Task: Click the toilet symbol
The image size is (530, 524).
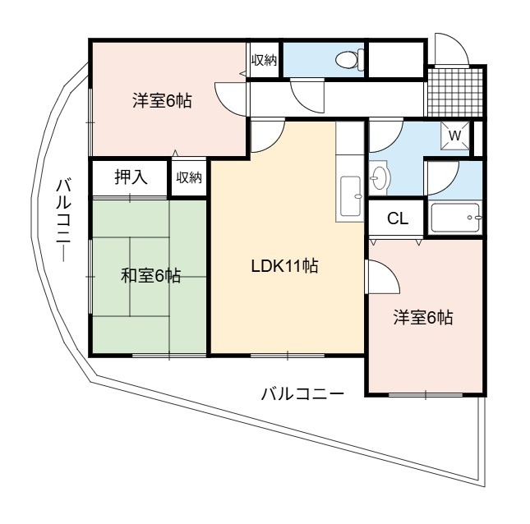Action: [x=350, y=59]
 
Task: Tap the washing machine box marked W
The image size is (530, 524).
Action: [x=455, y=136]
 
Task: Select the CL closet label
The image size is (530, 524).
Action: [x=398, y=218]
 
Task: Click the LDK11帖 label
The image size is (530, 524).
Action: [x=284, y=266]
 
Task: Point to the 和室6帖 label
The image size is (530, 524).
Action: [x=150, y=275]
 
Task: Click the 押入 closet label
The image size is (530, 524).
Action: [x=131, y=177]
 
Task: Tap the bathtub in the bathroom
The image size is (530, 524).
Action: [x=455, y=218]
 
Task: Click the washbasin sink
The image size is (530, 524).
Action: [x=379, y=177]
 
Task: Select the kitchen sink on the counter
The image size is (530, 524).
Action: [x=351, y=196]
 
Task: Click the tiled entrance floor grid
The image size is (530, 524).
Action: [x=455, y=92]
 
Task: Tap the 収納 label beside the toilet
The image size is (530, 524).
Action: [x=264, y=60]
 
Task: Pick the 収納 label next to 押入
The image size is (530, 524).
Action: [x=189, y=177]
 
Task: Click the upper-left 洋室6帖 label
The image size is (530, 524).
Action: [x=162, y=101]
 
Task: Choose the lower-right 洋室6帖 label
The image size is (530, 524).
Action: [x=423, y=318]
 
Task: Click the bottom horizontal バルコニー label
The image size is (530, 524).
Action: [x=302, y=394]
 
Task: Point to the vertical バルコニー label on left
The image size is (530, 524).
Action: [x=63, y=221]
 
